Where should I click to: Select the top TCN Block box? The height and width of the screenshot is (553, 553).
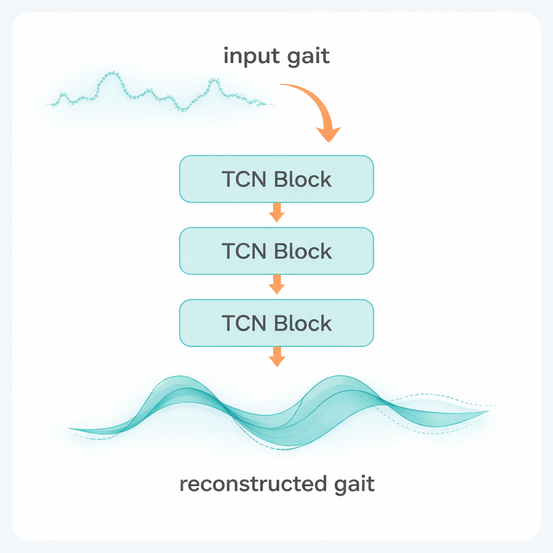coord(276,179)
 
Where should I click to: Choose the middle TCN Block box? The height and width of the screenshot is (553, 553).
coord(276,251)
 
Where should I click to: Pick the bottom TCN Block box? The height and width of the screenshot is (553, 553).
coord(276,323)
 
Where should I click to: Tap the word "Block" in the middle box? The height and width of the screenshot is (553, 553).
coord(302,251)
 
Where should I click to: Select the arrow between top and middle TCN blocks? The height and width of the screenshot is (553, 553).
coord(276,213)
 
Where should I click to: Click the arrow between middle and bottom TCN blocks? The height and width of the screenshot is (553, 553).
coord(276,285)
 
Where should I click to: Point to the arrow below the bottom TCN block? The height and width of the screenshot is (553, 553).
coord(276,358)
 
